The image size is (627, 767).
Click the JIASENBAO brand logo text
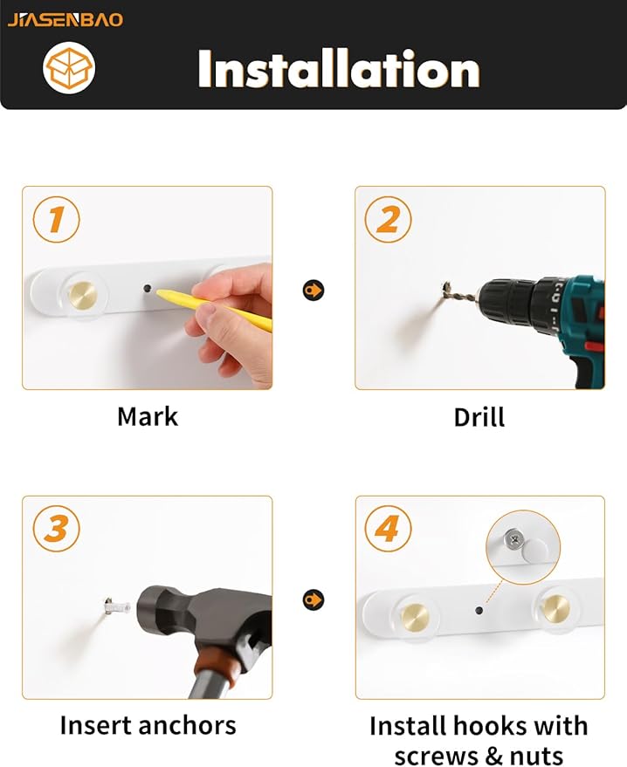click(65, 19)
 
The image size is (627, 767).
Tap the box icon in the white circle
click(69, 67)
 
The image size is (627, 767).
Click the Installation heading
click(339, 68)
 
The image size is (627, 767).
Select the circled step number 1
click(56, 219)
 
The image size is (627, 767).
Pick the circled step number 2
click(388, 219)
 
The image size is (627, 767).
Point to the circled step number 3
click(56, 529)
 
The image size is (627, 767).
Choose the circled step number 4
click(388, 529)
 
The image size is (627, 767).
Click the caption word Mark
click(148, 417)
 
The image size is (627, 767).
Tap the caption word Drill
click(479, 417)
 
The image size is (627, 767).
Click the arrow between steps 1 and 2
click(313, 291)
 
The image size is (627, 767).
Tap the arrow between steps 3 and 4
click(313, 599)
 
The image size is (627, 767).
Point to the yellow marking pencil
click(213, 307)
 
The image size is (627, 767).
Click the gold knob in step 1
click(82, 296)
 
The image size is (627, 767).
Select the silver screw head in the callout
click(514, 539)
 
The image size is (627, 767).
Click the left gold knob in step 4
click(414, 618)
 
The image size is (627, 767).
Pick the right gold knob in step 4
click(555, 609)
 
